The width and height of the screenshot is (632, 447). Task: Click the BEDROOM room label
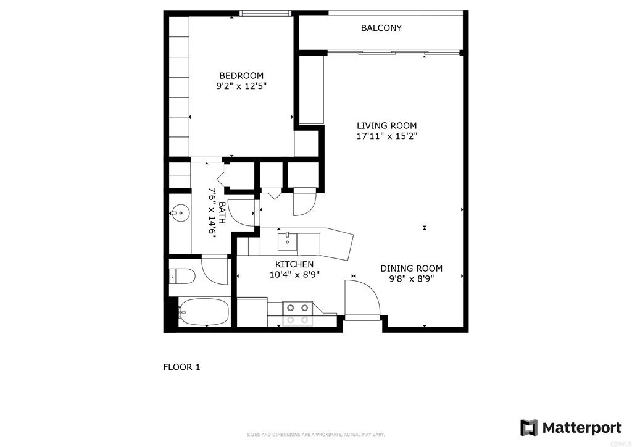click(241, 76)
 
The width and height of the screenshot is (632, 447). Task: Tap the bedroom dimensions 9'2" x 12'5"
click(241, 87)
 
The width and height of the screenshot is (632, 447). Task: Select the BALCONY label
click(381, 28)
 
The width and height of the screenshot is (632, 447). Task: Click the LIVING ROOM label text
click(386, 125)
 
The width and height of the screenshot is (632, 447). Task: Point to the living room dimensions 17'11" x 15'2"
click(386, 136)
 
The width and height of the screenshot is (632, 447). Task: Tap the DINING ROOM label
click(411, 268)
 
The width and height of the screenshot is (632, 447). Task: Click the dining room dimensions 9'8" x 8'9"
click(411, 278)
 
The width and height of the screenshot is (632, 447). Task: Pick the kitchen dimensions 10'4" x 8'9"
click(294, 275)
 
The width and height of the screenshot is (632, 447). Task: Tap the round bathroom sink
click(180, 214)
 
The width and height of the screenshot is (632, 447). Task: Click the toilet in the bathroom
click(181, 275)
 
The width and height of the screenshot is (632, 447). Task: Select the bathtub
click(203, 312)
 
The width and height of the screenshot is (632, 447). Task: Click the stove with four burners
click(298, 313)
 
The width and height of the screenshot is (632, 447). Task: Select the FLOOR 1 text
click(181, 367)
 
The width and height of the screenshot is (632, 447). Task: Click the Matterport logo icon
click(529, 427)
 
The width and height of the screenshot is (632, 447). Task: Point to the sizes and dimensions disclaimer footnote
click(315, 435)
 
